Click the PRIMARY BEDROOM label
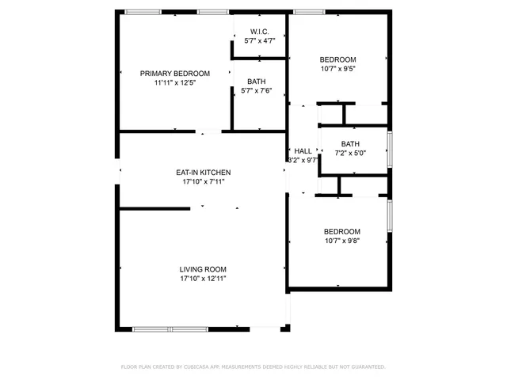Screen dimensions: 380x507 (175, 73)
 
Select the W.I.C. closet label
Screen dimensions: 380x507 (259, 32)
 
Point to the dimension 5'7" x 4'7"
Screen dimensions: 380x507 (259, 41)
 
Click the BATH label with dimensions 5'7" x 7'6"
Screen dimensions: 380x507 (256, 82)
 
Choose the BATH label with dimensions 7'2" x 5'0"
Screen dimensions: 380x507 (350, 143)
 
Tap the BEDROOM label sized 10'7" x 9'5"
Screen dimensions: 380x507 (337, 59)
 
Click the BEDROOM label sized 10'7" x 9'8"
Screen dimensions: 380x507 (342, 231)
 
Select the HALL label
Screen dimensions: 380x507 (303, 150)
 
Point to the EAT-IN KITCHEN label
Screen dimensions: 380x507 (204, 172)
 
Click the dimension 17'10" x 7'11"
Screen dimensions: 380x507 (204, 181)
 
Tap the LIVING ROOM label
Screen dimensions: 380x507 (204, 269)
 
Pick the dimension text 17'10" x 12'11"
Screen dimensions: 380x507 (204, 279)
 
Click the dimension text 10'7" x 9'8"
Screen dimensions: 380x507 (342, 241)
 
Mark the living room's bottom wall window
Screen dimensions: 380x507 (170, 328)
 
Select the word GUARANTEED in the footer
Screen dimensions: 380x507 (364, 367)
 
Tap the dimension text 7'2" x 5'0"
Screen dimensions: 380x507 (350, 153)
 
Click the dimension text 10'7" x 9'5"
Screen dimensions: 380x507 (337, 69)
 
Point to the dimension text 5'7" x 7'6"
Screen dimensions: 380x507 (256, 91)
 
